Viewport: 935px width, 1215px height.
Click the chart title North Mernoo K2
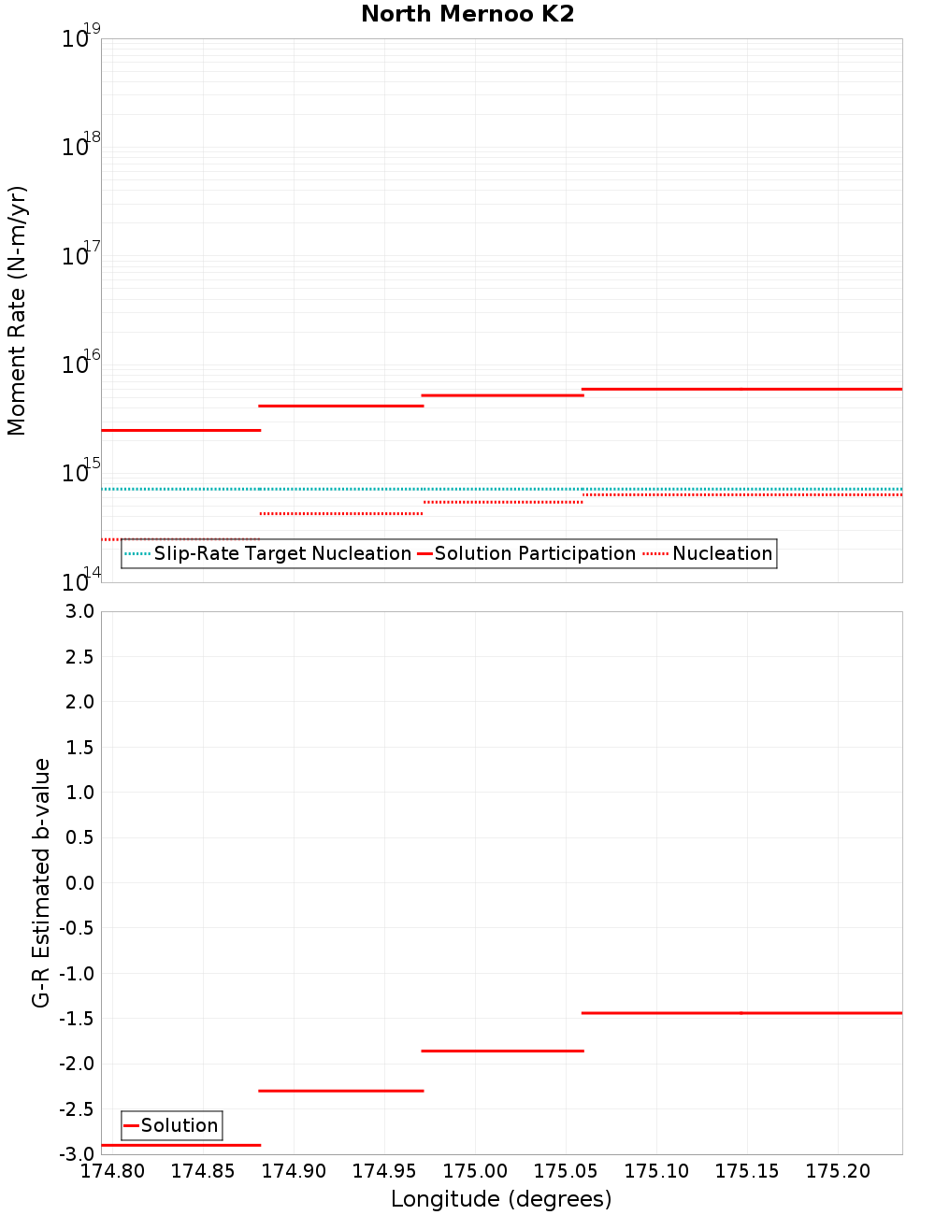click(x=467, y=14)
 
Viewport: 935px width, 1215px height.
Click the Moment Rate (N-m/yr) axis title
click(x=17, y=310)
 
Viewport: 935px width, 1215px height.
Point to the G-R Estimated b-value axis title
click(x=41, y=882)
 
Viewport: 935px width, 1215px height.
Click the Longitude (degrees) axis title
click(x=501, y=1199)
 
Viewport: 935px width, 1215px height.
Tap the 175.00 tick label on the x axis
click(x=475, y=1171)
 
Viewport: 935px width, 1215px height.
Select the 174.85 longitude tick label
click(x=203, y=1171)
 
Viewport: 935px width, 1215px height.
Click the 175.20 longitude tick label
click(x=838, y=1171)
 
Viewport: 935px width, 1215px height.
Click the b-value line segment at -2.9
click(x=180, y=1145)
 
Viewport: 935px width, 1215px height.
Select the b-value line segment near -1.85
click(x=502, y=1051)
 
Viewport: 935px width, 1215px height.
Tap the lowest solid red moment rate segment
click(x=180, y=430)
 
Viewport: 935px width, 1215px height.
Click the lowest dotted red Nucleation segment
click(x=180, y=539)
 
